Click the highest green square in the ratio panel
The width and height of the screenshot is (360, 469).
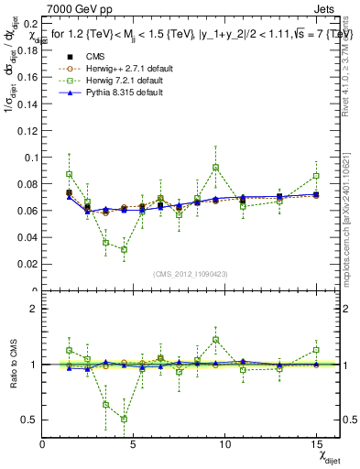click(215, 340)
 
